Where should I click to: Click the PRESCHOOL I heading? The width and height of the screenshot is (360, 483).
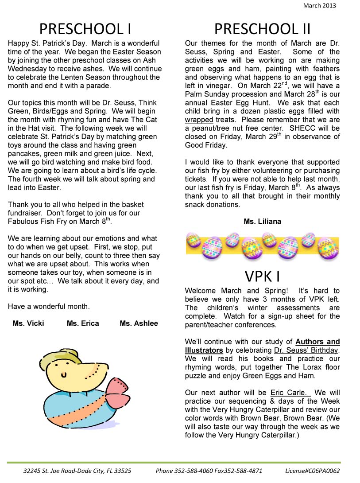(85, 29)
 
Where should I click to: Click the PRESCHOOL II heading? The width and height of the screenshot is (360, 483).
(262, 29)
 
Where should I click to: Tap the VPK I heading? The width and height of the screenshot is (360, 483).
(262, 276)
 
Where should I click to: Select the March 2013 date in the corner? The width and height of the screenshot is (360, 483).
(319, 6)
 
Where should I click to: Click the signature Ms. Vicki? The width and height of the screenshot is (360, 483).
(28, 323)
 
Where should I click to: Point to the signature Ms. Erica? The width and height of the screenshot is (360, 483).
(83, 323)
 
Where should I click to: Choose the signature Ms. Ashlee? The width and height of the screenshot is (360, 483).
(139, 323)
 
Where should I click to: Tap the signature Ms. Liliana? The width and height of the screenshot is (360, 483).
(262, 221)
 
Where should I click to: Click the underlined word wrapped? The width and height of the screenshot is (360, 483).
(199, 120)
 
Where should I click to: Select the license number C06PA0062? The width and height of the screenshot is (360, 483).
(324, 471)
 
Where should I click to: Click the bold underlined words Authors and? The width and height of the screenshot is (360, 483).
(317, 342)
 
